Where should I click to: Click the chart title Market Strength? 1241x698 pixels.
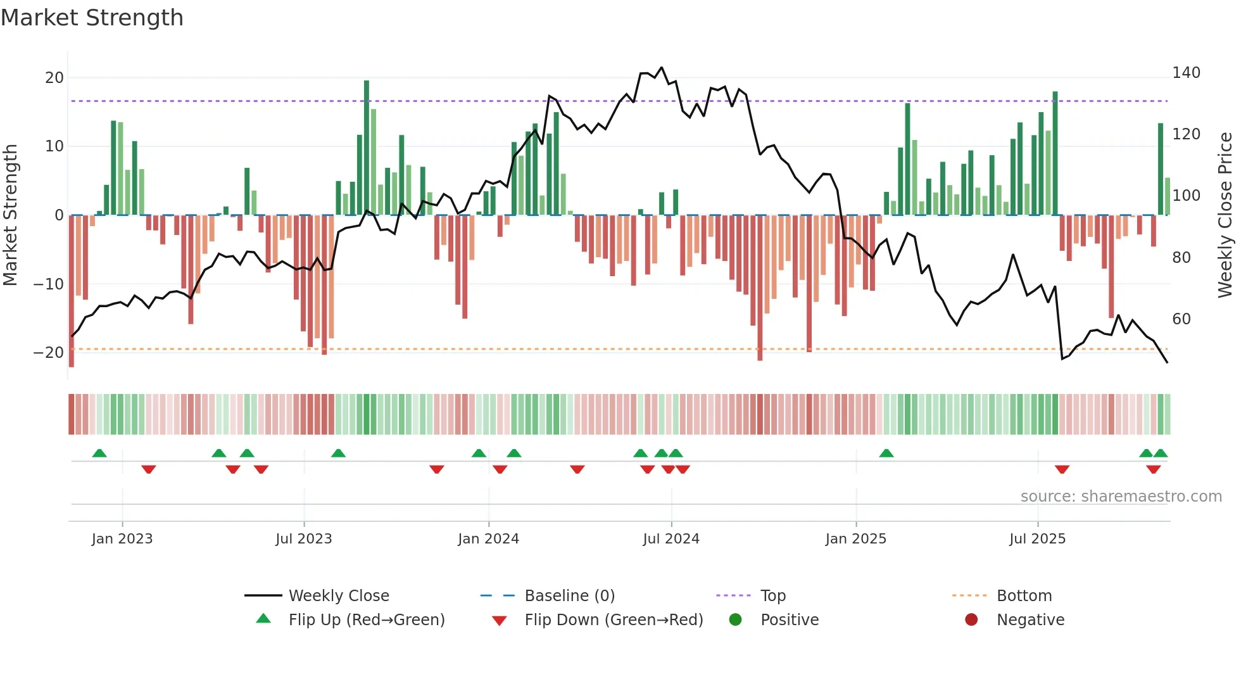coord(92,18)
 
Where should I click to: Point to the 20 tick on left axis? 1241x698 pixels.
coord(54,78)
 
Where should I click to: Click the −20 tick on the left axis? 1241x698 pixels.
coord(49,353)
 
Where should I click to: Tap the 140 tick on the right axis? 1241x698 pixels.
coord(1186,73)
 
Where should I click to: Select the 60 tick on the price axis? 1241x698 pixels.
coord(1181,319)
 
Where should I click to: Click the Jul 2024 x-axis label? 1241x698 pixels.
coord(671,539)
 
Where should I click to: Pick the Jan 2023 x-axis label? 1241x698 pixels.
coord(122,539)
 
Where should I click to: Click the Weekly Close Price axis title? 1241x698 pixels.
coord(1225,215)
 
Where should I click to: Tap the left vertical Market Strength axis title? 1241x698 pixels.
coord(10,215)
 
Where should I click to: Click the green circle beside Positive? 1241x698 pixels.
coord(735,620)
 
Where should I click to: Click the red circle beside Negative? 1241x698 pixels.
coord(971,620)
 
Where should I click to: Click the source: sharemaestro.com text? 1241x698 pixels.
coord(1121,497)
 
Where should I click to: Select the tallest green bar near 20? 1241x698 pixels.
coord(367,146)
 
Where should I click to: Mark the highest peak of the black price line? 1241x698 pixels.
coord(662,68)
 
